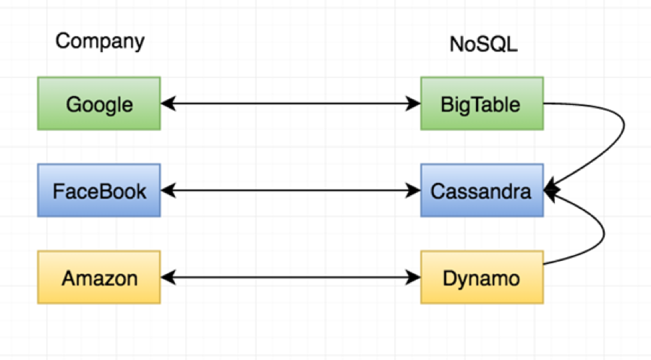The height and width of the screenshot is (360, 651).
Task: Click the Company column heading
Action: [100, 41]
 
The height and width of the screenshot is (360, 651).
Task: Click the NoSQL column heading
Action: [483, 45]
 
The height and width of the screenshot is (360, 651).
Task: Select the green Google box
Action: [99, 105]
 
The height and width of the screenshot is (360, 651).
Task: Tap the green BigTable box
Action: [481, 105]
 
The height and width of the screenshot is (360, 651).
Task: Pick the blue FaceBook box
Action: [99, 192]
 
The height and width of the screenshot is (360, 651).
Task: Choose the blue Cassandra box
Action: [481, 192]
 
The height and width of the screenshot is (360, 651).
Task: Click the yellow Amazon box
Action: [99, 278]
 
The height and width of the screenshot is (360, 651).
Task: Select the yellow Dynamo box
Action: [481, 278]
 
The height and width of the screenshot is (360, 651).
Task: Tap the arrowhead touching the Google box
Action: [168, 105]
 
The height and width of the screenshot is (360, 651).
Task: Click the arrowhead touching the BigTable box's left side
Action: [414, 105]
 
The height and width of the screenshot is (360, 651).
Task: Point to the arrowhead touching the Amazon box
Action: [168, 278]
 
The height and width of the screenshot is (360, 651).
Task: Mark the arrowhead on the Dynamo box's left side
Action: [414, 278]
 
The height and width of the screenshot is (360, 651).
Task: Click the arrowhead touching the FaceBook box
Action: [168, 192]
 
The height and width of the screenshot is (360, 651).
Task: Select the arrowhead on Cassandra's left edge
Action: [414, 192]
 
